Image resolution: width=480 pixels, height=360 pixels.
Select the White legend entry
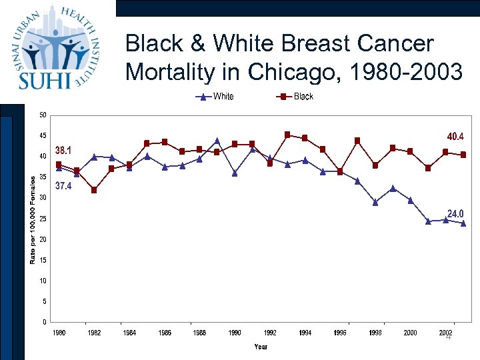point(223,97)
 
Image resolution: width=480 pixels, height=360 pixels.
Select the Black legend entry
point(303,97)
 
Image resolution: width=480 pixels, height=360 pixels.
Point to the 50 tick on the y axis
point(43,115)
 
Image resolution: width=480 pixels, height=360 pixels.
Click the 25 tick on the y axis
point(43,219)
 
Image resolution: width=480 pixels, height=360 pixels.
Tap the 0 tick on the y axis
point(44,322)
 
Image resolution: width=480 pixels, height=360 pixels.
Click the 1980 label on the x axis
point(59,333)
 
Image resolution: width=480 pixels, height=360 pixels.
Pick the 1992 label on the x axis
point(270,333)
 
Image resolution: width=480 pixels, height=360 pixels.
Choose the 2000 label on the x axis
point(411,333)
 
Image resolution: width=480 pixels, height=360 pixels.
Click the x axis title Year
point(261,347)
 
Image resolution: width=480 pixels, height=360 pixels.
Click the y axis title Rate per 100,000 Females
point(33,219)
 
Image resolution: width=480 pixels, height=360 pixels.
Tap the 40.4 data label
point(455,137)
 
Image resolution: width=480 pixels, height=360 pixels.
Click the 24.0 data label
point(455,213)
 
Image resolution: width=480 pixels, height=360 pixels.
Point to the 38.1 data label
point(64,149)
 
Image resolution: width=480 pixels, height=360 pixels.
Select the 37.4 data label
point(64,187)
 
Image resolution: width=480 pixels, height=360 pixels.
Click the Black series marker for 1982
point(94,190)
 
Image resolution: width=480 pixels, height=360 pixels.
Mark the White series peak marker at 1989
point(217,141)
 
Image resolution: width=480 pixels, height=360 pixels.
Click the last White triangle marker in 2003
point(463,223)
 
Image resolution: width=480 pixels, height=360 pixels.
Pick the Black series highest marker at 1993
point(287,135)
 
